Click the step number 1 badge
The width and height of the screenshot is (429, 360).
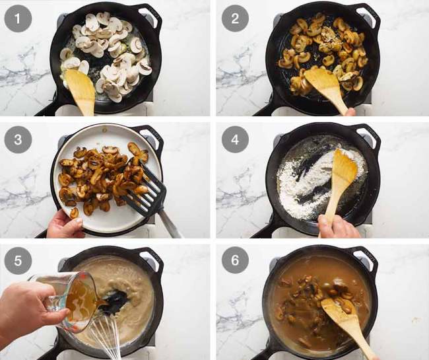coord(18,18)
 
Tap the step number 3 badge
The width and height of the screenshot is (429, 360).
coord(18,140)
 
